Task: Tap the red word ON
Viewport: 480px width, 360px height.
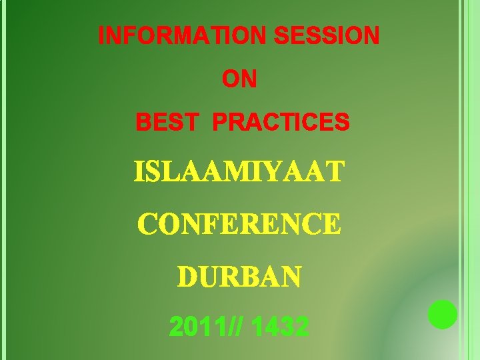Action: pos(239,79)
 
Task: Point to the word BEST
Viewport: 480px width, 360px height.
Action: pos(167,123)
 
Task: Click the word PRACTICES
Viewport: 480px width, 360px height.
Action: pos(281,123)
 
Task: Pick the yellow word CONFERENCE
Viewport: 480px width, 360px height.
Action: pos(239,225)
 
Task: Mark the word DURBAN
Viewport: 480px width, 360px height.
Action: pos(239,276)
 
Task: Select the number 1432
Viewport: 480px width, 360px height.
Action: pos(281,327)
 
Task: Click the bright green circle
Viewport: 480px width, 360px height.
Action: pos(443,315)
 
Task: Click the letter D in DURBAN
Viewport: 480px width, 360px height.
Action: pos(187,276)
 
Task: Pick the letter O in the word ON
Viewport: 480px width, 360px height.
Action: pos(231,79)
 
